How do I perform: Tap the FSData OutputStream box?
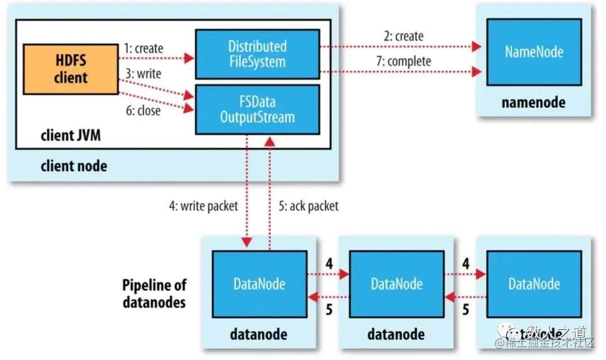(257, 110)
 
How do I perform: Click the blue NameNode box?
(534, 52)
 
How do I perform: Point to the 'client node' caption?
(74, 166)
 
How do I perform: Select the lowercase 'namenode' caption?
(533, 102)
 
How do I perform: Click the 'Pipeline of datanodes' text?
(154, 293)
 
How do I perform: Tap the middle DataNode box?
(396, 284)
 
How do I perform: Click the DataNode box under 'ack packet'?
(260, 284)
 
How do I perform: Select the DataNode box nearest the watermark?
(533, 284)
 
